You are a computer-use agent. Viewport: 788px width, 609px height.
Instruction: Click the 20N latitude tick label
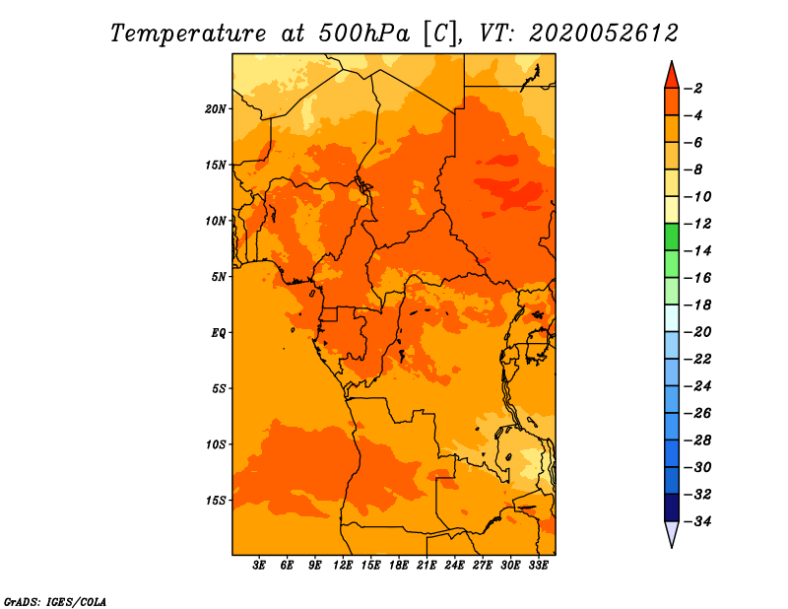(216, 109)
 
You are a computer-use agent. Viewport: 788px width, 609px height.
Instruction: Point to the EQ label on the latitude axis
(219, 333)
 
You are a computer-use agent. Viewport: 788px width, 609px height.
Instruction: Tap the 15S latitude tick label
(216, 501)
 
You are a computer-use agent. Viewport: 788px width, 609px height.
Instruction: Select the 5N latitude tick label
(219, 277)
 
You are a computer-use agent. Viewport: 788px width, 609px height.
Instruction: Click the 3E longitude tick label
(259, 565)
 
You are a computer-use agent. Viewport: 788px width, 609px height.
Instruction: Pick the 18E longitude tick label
(399, 565)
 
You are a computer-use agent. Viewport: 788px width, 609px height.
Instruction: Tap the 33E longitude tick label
(538, 565)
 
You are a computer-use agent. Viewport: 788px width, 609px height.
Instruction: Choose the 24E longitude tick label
(454, 565)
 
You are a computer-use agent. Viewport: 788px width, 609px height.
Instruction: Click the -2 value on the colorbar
(693, 89)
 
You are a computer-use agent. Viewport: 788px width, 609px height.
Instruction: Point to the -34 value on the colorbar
(697, 521)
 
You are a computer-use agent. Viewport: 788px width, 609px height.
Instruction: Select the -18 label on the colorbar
(697, 304)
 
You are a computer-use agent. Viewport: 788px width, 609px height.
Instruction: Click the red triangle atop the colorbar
(672, 76)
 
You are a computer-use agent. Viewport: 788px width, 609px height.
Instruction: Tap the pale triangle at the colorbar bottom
(672, 533)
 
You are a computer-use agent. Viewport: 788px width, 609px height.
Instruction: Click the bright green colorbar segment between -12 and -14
(672, 237)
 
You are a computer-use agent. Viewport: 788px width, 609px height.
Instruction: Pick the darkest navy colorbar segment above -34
(672, 507)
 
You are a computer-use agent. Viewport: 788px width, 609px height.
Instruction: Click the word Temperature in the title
(188, 34)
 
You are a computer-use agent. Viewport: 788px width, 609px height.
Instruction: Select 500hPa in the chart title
(363, 34)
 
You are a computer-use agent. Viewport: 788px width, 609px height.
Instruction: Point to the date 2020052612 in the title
(603, 34)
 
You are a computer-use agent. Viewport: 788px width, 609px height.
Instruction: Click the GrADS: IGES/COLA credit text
(55, 602)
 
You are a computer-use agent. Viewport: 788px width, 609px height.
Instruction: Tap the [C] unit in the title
(441, 34)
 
